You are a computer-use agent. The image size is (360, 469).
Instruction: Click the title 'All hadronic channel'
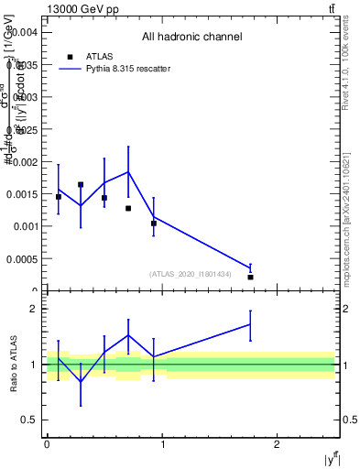[191, 38]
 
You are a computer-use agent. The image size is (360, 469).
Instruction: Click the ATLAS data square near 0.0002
[250, 277]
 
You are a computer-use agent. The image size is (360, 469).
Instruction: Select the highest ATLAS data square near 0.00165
[81, 184]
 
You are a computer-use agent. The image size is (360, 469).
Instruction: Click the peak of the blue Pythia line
[128, 171]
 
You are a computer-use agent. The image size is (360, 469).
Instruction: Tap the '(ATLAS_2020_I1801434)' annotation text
[190, 274]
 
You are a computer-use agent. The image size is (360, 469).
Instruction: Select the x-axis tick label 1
[163, 443]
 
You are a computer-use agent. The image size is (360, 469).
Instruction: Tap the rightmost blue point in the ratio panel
[250, 324]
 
